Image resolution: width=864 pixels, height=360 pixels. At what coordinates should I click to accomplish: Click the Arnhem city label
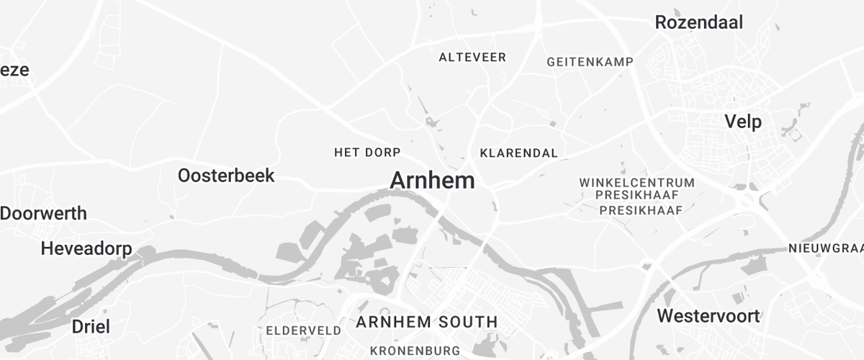tap(432, 181)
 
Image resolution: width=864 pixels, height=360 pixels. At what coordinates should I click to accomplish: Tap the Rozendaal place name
tap(698, 22)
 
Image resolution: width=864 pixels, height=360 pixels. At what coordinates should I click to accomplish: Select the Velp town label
tap(743, 121)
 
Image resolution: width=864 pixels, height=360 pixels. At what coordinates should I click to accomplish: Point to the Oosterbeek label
tap(226, 176)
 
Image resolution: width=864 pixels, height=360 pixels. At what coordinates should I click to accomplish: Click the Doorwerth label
tap(43, 214)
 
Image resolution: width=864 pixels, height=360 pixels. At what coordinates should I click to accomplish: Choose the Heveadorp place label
tap(86, 249)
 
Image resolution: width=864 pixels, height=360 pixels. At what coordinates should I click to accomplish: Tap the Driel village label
tap(91, 327)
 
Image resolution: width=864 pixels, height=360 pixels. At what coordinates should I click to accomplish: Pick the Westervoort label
tap(708, 316)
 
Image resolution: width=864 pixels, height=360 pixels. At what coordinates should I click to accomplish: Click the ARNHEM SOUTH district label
tap(427, 322)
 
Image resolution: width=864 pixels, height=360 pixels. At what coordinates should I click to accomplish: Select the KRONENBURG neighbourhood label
tap(415, 351)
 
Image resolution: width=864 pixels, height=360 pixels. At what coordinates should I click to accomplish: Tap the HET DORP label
tap(366, 153)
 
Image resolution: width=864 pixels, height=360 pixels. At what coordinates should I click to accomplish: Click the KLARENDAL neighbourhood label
tap(518, 153)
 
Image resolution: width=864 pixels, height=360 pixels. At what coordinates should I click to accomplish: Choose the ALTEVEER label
tap(472, 58)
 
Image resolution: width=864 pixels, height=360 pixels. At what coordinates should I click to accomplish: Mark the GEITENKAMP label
tap(590, 62)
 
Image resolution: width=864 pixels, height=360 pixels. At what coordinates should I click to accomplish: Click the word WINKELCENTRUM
tap(637, 183)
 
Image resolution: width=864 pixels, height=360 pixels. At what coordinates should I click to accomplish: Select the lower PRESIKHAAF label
tap(641, 210)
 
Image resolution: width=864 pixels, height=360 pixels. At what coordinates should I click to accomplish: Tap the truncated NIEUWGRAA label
tap(826, 249)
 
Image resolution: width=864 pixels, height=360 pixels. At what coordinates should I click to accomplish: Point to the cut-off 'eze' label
tap(14, 70)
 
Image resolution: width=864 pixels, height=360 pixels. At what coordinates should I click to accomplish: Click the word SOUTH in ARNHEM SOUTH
tap(464, 322)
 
